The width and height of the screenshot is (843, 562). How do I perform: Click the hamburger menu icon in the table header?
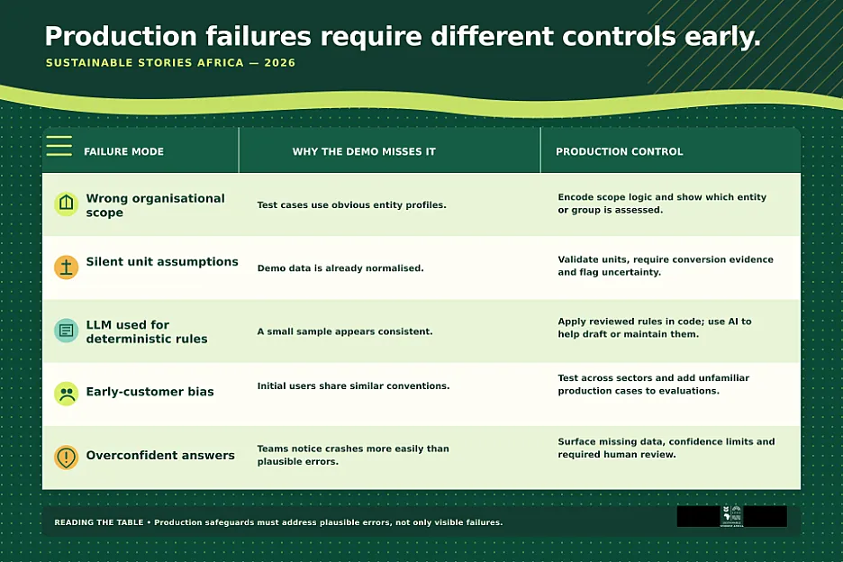coord(59,146)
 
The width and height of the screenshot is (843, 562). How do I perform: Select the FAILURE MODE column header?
coord(123,151)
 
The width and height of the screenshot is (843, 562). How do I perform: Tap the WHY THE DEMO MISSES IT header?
coord(364,151)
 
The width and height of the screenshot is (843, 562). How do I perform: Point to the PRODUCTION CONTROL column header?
coord(620,151)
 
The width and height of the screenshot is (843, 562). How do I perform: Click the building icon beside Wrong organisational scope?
coord(66,204)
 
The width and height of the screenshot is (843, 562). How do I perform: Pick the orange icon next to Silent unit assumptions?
coord(66,267)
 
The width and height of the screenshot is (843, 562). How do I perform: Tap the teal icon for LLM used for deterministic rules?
coord(66,331)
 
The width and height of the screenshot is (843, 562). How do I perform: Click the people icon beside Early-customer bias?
coord(66,394)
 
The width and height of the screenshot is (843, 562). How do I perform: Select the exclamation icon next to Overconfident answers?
coord(66,457)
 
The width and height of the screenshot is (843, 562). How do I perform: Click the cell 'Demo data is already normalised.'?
coord(340,267)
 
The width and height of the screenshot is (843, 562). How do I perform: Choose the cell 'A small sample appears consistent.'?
coord(345,331)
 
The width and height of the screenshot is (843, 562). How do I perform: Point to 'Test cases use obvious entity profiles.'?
coord(351,205)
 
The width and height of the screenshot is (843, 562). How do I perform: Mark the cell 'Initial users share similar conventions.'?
coord(353,385)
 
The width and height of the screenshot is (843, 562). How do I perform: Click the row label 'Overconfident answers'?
coord(160,455)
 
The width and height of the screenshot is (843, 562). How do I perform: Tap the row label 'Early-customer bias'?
coord(150,392)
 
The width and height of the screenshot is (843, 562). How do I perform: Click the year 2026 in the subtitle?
coord(279,63)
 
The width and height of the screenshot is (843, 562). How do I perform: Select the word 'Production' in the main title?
coord(121,37)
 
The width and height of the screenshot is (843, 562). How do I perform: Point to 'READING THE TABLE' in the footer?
coord(99,522)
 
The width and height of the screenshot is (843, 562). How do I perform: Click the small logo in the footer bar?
coord(731,516)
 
